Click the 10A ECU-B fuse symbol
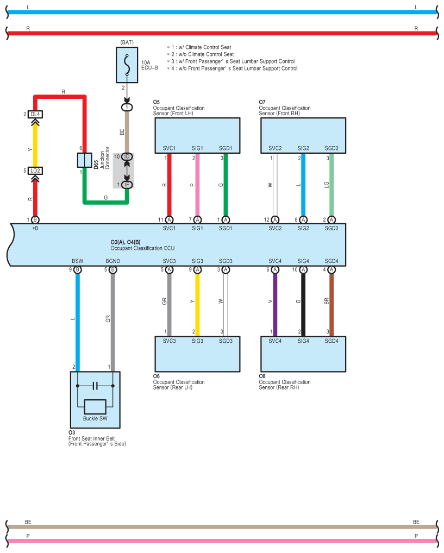(127, 65)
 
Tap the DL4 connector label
(35, 115)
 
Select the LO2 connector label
(35, 171)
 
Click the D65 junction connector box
(84, 160)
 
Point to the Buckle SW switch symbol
(95, 407)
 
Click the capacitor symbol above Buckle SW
(95, 386)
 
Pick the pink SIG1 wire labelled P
(197, 185)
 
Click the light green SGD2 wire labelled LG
(332, 185)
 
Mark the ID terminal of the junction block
(127, 156)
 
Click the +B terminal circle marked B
(35, 219)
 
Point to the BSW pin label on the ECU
(77, 261)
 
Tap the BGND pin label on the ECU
(112, 261)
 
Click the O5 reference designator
(156, 102)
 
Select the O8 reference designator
(262, 376)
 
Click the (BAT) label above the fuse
(127, 42)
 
